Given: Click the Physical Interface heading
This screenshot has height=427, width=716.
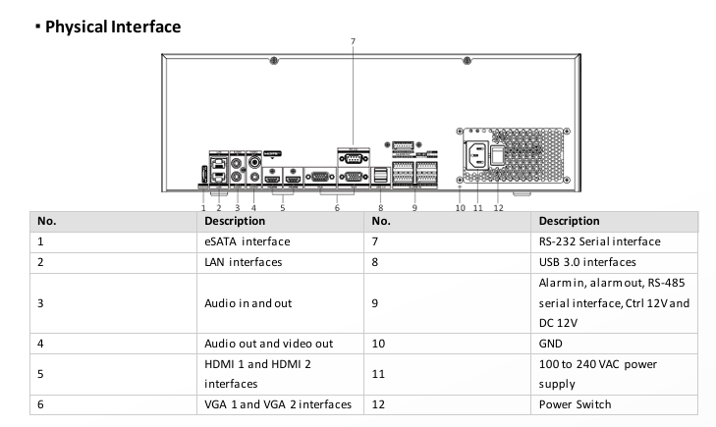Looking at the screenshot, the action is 98,27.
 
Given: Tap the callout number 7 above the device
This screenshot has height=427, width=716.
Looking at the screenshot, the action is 353,40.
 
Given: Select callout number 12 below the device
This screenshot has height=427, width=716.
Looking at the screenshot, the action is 498,206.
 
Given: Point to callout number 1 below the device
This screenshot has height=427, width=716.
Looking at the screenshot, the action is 202,207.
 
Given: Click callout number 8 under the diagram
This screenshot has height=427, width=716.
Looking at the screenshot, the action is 380,207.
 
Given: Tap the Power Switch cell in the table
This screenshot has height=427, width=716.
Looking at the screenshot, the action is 574,402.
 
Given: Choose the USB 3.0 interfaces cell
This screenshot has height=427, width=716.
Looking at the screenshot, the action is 587,262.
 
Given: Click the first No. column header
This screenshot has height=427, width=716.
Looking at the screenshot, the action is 44,221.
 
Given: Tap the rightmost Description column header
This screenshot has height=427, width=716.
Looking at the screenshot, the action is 570,221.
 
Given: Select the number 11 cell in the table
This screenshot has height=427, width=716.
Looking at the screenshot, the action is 379,374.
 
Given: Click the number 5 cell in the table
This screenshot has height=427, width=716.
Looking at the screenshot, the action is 40,374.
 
